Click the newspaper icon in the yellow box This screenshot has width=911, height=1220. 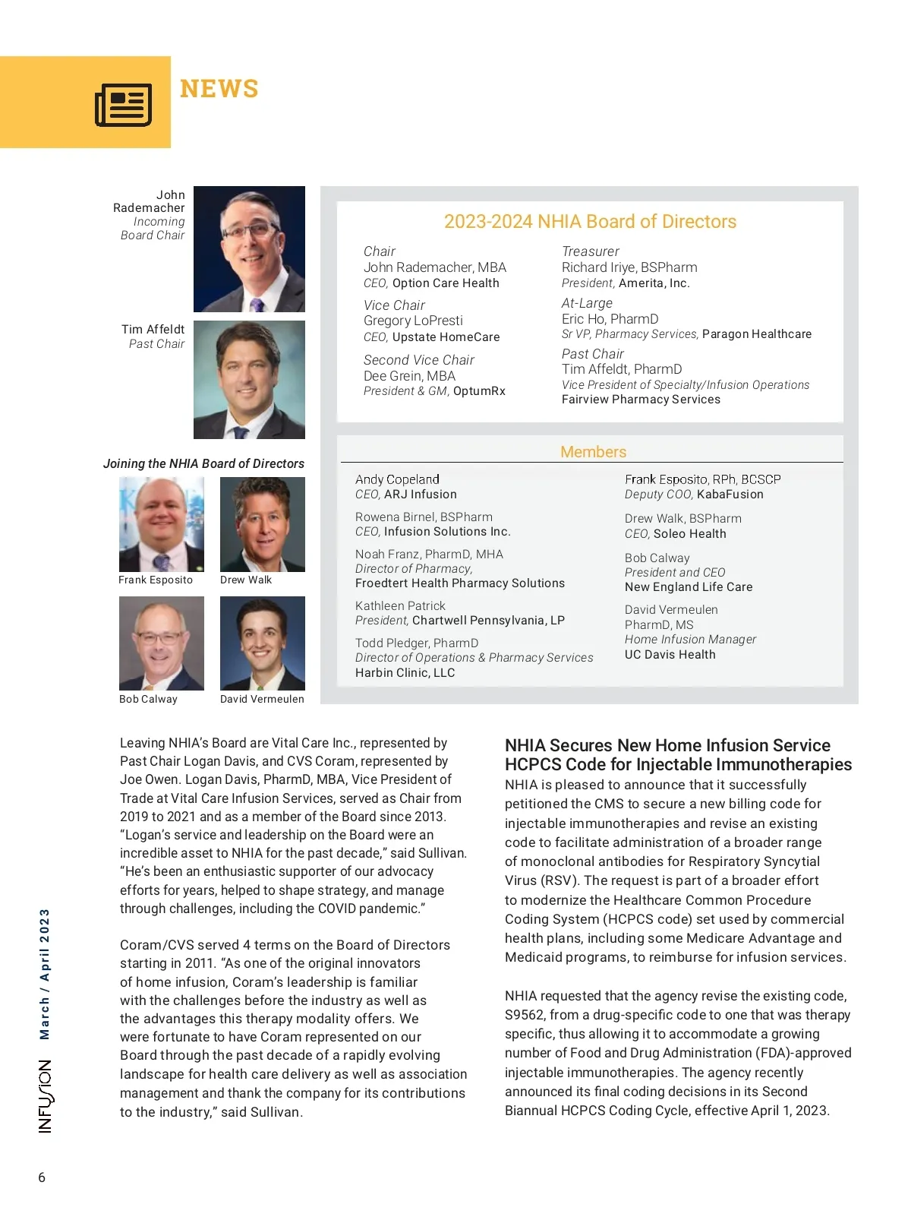(123, 105)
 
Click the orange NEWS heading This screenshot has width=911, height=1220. (219, 89)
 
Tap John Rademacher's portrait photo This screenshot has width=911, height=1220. (249, 249)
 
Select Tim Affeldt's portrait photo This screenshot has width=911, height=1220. (249, 380)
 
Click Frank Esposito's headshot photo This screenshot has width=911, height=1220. (161, 524)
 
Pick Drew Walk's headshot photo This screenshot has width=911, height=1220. (262, 524)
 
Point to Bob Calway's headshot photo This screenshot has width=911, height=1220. (161, 643)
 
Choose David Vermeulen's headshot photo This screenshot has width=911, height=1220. (262, 643)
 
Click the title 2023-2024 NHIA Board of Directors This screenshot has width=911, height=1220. (590, 222)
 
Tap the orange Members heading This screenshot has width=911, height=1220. (593, 452)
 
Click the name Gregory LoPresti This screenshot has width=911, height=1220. (413, 321)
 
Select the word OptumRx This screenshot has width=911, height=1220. (479, 391)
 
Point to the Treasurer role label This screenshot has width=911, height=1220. (590, 251)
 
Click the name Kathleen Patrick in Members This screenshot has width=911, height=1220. (400, 606)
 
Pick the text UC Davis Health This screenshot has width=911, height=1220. (670, 655)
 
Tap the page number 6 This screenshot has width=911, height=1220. (42, 1178)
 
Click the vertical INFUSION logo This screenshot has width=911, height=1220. (46, 1097)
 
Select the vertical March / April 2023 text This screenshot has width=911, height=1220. (45, 974)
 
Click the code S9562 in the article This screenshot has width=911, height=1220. (523, 1016)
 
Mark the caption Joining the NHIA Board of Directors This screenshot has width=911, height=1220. (203, 463)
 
